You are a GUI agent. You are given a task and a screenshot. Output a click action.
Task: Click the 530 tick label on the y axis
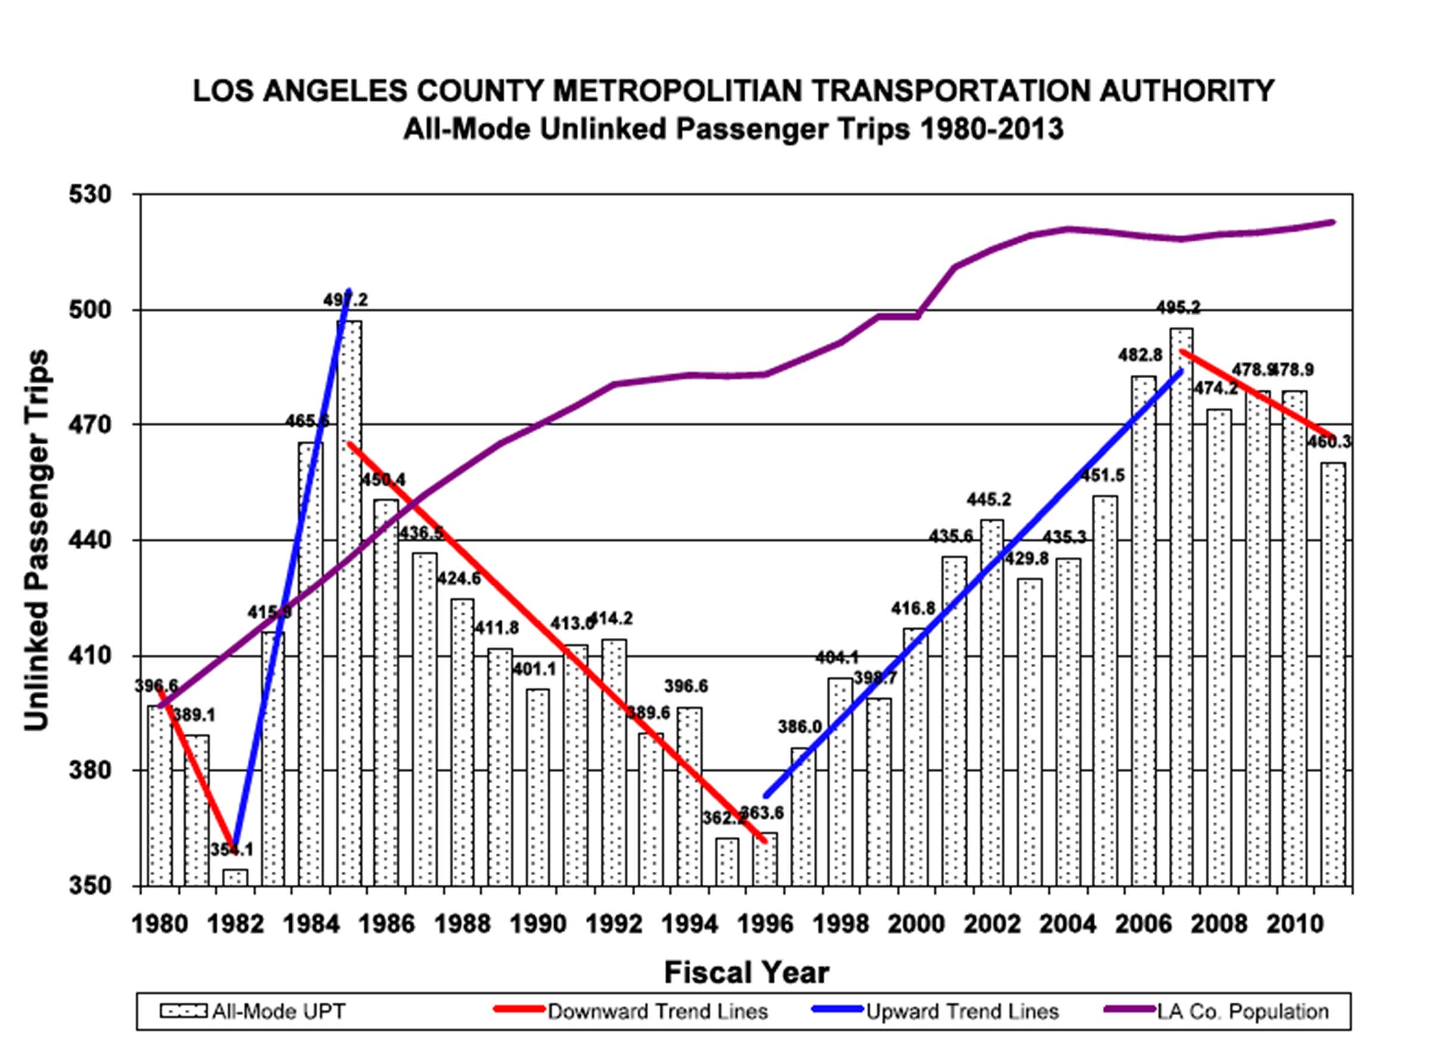(89, 194)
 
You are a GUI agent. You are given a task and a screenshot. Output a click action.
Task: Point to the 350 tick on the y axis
(89, 886)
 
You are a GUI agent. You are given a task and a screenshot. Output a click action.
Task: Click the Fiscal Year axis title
(747, 972)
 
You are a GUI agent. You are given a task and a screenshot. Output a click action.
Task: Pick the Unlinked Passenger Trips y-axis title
(37, 540)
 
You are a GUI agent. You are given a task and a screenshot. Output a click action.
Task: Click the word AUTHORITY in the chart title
(1186, 91)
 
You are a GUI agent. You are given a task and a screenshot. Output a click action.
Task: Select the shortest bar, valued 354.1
(236, 877)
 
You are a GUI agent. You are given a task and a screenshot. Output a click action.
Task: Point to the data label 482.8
(1141, 355)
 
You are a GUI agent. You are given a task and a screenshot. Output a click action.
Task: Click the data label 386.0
(800, 727)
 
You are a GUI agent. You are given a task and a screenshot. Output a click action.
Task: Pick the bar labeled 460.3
(1333, 674)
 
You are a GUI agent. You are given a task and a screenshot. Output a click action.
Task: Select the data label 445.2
(989, 500)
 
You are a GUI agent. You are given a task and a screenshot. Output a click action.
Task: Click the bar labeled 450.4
(386, 692)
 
